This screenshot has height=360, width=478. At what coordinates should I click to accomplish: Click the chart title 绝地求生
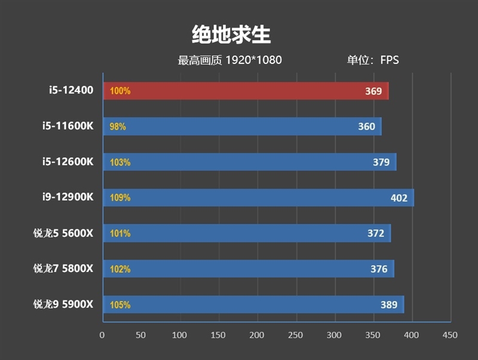pos(231,35)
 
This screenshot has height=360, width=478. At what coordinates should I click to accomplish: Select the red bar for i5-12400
pos(245,91)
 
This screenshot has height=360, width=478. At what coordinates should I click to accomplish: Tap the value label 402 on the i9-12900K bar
pos(399,198)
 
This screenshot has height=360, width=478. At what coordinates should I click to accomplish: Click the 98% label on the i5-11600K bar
pos(118,127)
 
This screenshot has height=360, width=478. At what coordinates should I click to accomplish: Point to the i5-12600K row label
pos(68,162)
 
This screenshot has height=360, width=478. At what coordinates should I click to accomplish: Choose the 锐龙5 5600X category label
pos(63,233)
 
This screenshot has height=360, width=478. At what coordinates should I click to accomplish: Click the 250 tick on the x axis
pos(296,335)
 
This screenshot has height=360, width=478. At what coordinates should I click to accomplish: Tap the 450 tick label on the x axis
pos(450,335)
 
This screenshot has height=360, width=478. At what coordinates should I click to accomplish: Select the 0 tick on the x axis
pos(102,335)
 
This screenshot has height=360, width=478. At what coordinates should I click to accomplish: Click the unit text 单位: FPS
pos(373,60)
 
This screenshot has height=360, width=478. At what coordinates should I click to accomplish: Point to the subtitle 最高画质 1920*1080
pos(229,60)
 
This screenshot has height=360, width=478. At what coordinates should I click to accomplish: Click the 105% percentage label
pos(119,305)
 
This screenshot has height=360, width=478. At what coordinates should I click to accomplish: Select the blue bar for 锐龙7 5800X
pos(248,269)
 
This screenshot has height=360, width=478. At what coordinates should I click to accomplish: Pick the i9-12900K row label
pos(68,197)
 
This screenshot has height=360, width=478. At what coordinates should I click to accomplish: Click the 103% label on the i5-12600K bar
pos(119,162)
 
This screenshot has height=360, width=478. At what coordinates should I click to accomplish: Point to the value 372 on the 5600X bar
pos(376,233)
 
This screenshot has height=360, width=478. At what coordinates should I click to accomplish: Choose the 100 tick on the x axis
pos(180,335)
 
